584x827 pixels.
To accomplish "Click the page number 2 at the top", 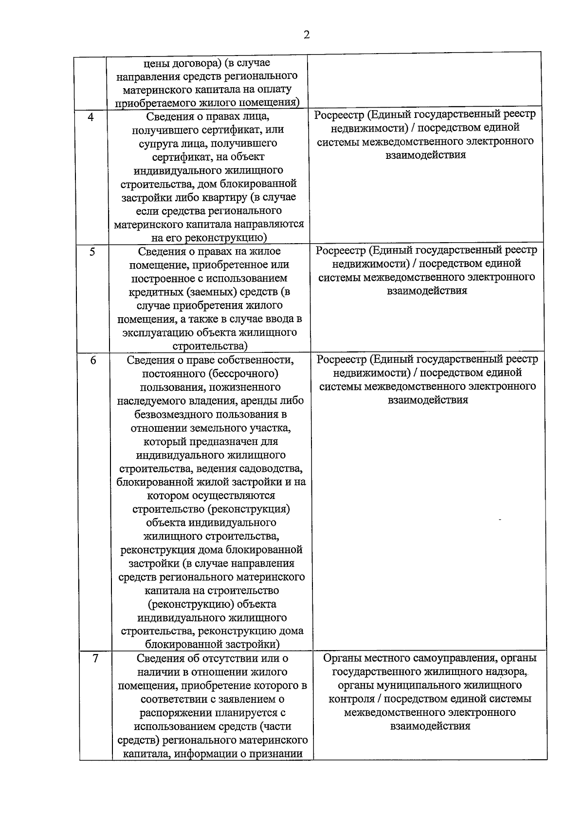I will tap(306, 35).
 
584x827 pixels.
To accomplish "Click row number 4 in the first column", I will tap(91, 117).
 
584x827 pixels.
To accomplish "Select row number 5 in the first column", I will tap(92, 252).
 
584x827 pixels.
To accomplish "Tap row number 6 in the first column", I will tap(93, 361).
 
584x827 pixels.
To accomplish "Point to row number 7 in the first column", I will tap(95, 659).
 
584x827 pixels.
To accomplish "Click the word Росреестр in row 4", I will tap(339, 115).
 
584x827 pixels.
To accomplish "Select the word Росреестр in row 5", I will tap(340, 250).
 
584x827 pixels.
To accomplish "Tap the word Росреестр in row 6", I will tap(341, 360).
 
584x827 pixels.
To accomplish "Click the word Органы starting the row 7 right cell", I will tap(342, 658).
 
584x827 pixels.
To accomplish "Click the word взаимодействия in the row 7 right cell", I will tap(430, 726).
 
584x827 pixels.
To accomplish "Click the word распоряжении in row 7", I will tap(174, 713).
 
